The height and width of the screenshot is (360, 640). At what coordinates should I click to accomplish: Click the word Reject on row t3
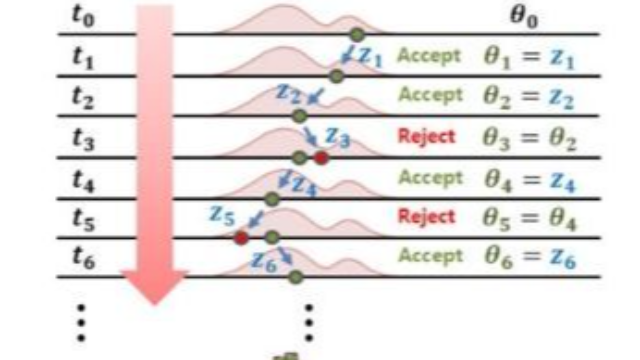point(426,137)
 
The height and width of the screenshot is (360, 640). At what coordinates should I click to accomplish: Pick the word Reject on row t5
point(426,216)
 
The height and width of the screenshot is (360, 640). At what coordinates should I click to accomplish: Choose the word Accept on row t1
point(429,57)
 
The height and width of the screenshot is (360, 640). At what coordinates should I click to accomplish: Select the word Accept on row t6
point(429,256)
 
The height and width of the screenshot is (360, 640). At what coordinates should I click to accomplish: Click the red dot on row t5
point(241,237)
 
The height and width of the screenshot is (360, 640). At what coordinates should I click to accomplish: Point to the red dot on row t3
point(320,157)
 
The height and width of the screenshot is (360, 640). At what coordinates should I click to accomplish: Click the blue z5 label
point(222,214)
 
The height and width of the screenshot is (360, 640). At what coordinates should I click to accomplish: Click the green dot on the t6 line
point(295,276)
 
